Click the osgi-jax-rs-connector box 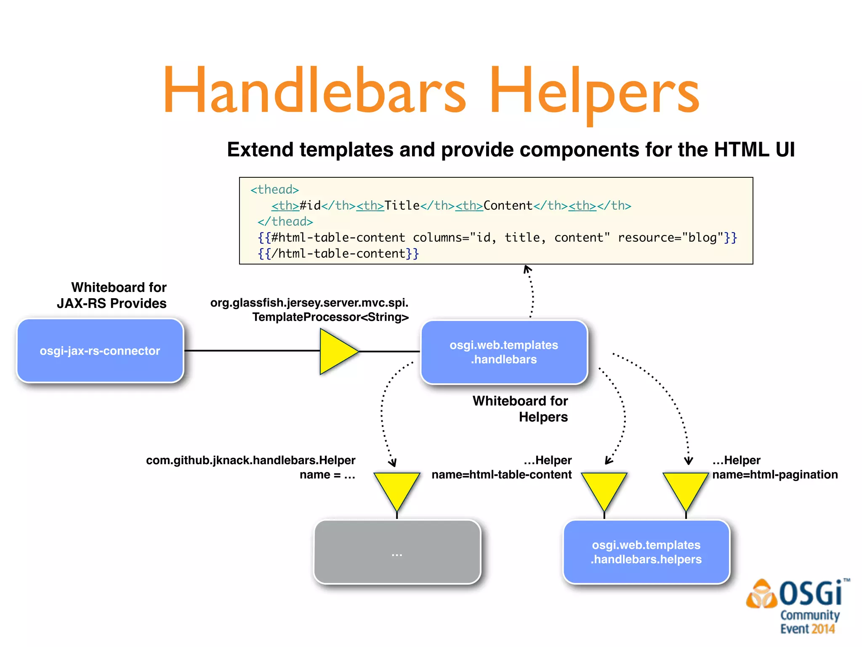click(x=100, y=350)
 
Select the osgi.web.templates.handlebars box click(x=504, y=352)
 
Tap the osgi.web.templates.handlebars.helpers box click(x=646, y=552)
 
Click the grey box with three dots click(x=397, y=552)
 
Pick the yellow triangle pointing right click(x=335, y=351)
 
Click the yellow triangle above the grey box click(x=397, y=489)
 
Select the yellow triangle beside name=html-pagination click(x=686, y=489)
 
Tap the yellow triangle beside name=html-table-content click(x=604, y=489)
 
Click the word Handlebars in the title click(x=314, y=91)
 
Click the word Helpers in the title click(x=593, y=91)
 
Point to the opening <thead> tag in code click(x=274, y=190)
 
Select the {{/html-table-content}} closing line click(x=338, y=254)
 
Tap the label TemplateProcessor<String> click(x=330, y=317)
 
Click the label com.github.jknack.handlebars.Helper click(x=250, y=460)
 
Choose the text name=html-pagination click(x=774, y=475)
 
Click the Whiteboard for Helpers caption click(x=520, y=409)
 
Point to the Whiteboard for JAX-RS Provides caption click(x=112, y=295)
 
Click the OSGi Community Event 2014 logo click(x=798, y=607)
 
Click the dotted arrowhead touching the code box click(x=527, y=269)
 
